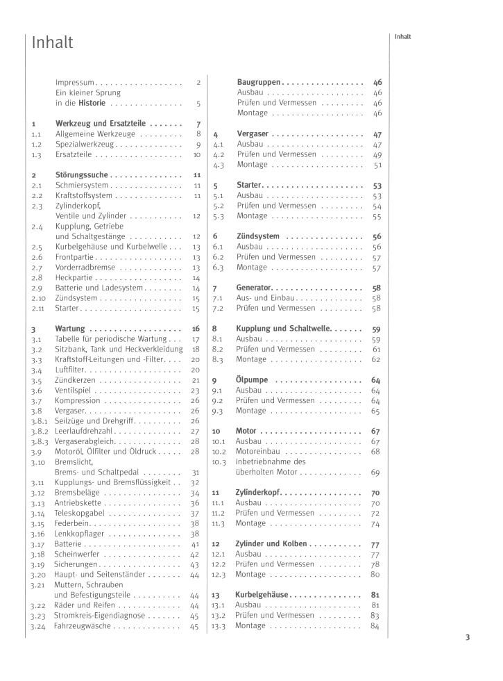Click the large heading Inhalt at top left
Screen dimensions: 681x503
53,42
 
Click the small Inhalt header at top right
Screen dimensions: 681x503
403,37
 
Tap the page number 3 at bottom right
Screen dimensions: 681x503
468,637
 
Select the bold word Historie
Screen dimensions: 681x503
92,104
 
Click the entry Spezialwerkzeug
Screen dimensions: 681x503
85,145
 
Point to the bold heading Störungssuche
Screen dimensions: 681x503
82,176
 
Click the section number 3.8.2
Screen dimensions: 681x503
38,432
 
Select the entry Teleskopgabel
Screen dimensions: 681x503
80,514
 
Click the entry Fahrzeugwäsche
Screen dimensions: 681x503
83,626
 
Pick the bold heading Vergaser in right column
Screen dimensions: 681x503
252,134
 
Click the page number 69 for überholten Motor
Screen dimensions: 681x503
375,473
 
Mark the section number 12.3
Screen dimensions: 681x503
219,575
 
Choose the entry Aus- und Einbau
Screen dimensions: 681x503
264,298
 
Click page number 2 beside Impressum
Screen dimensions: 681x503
198,83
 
